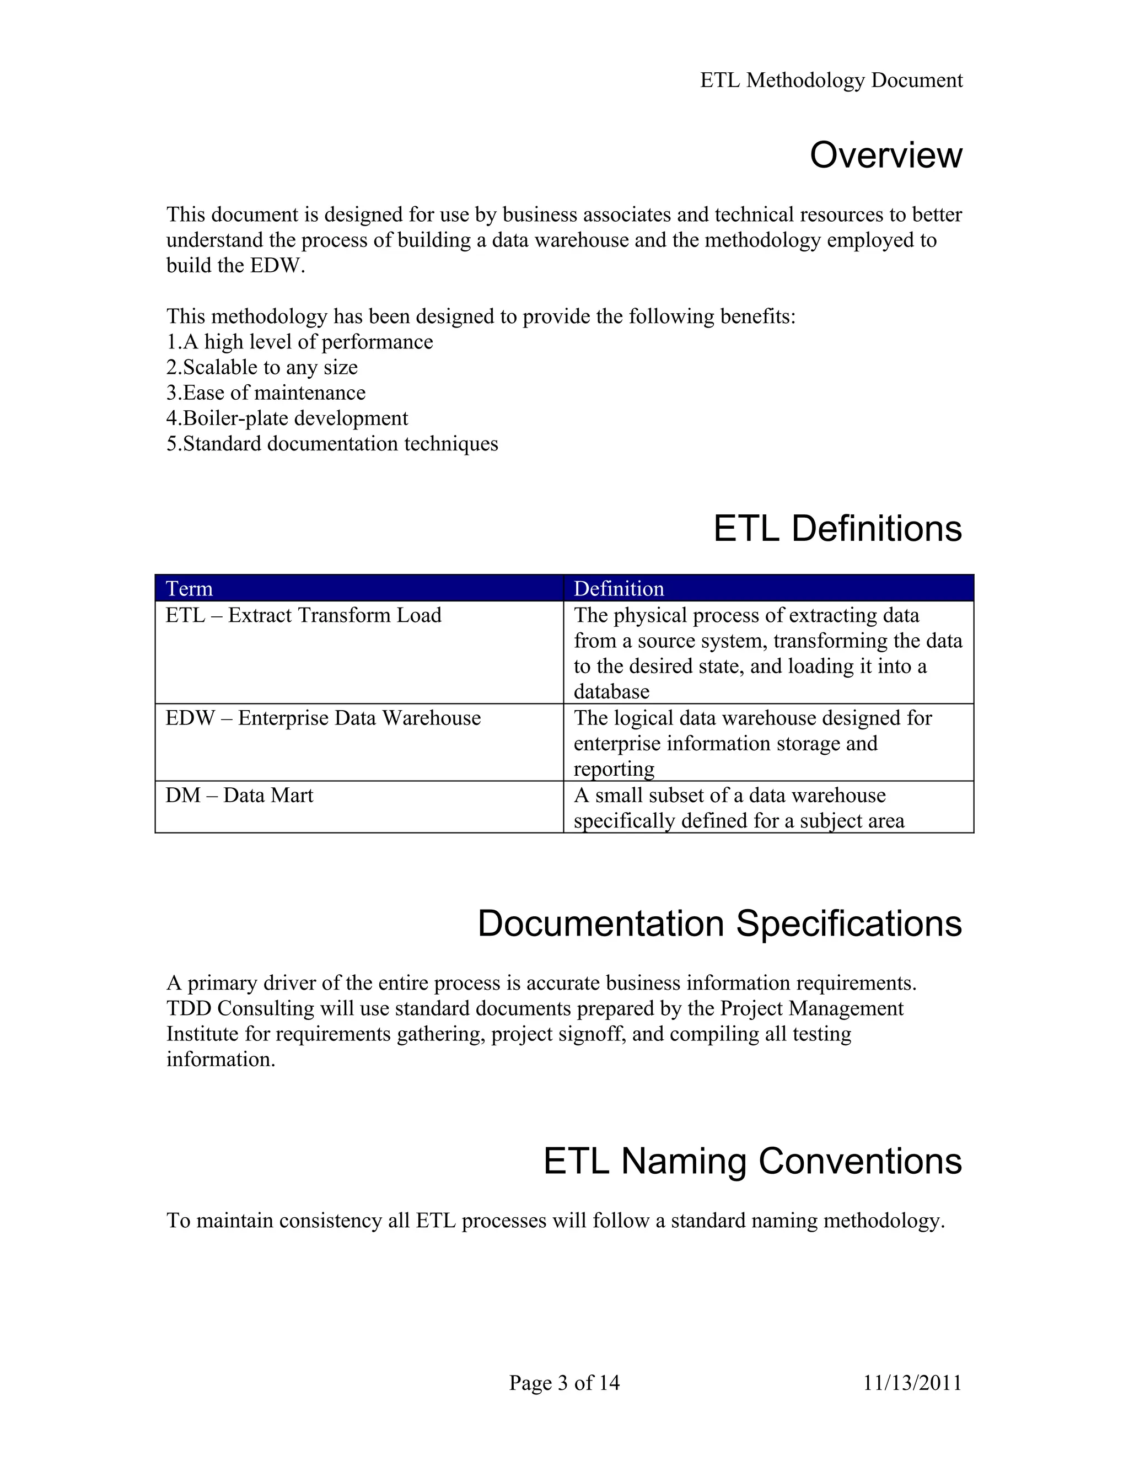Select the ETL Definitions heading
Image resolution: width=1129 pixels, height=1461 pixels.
click(837, 529)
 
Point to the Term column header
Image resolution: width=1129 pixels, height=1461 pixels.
click(189, 589)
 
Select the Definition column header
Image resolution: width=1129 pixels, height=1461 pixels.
click(619, 589)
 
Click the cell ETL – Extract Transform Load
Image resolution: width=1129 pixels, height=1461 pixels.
click(304, 615)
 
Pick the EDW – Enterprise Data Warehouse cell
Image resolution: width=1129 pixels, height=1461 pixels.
click(323, 718)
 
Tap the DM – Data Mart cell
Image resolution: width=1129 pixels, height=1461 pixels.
click(239, 796)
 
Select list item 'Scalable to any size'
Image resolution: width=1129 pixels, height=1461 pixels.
click(262, 367)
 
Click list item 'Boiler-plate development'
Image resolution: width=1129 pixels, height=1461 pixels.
click(287, 418)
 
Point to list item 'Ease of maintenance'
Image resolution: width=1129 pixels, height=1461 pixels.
click(266, 393)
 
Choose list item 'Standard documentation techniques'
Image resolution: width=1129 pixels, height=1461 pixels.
click(332, 443)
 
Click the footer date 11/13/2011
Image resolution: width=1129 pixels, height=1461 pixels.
click(912, 1383)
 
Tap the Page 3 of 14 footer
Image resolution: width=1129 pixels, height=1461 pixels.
click(564, 1383)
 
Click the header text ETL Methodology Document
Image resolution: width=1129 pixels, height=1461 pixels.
click(831, 80)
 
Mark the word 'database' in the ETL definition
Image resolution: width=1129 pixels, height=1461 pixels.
click(611, 692)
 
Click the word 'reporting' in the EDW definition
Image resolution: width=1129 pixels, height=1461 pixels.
click(614, 769)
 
